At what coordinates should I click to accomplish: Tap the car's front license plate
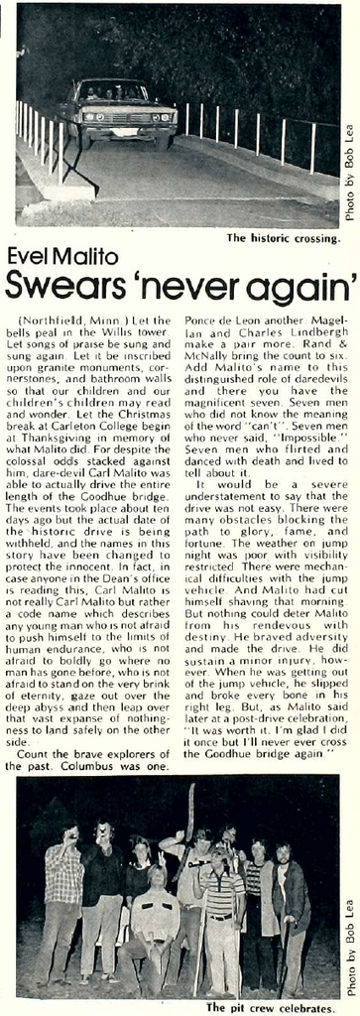124,131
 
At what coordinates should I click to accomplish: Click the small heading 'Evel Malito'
62,257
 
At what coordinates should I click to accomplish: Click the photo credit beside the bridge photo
348,185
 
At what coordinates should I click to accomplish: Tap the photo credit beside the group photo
348,947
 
